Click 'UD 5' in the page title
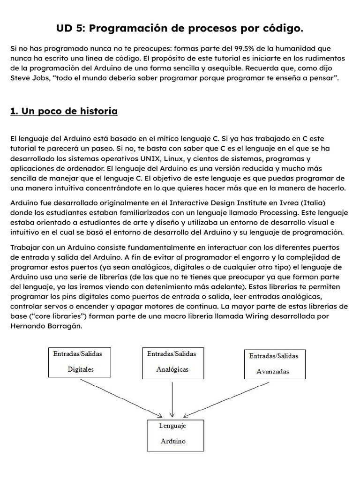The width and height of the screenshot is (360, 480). tap(70, 29)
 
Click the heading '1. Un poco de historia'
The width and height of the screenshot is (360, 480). tap(63, 111)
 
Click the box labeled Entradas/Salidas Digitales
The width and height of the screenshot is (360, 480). tap(80, 362)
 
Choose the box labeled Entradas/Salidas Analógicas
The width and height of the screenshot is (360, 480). tap(172, 362)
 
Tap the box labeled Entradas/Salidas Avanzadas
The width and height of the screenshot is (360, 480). tap(275, 364)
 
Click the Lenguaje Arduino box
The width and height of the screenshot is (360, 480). tap(175, 435)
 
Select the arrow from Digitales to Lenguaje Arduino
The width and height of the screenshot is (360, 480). tap(121, 397)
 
